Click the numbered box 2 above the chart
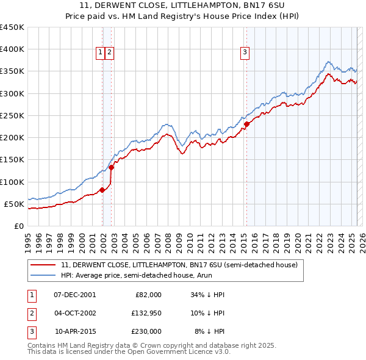coord(109,52)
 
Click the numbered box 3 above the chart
coord(245,52)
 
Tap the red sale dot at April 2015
coord(246,124)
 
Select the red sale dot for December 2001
coord(102,190)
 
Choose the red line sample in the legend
coord(42,265)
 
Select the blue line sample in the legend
coord(42,276)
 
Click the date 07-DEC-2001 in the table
coord(74,295)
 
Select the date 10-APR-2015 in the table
coord(74,331)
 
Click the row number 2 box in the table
coord(30,313)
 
